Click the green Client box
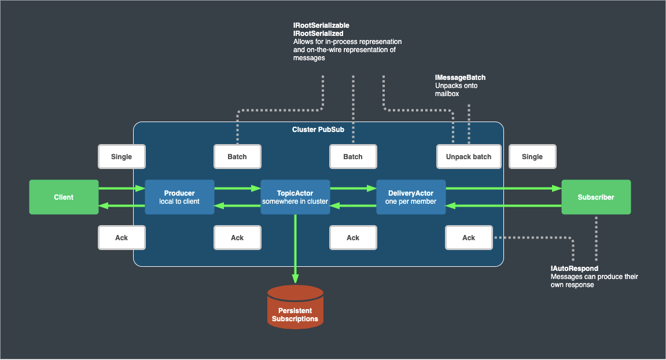[64, 197]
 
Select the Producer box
[179, 197]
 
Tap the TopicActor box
[295, 197]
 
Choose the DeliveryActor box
[411, 197]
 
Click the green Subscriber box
[596, 197]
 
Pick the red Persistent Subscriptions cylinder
[295, 307]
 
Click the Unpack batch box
[469, 157]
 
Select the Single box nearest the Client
[122, 157]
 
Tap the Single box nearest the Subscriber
[532, 157]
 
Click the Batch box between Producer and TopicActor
[237, 157]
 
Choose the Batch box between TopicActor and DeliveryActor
[353, 157]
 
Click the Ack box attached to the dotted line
[469, 238]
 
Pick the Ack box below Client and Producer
[122, 238]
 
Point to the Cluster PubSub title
[318, 130]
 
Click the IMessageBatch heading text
[460, 78]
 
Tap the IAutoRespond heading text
[575, 269]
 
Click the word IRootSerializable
[321, 26]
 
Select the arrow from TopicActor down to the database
[295, 249]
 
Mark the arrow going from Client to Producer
[122, 188]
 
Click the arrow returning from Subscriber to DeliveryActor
[503, 205]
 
